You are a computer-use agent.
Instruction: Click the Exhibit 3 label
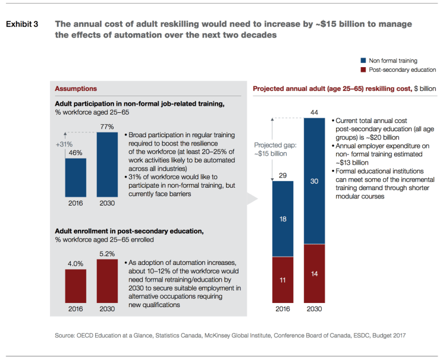point(22,24)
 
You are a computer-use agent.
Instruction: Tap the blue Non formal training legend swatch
point(363,61)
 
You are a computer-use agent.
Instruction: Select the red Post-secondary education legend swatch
point(363,70)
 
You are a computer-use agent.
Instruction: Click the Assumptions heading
point(76,89)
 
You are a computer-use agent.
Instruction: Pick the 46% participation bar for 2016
point(76,176)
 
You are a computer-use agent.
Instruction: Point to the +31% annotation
point(64,144)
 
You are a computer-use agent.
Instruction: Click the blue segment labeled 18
point(283,219)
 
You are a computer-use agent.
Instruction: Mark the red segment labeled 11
point(283,279)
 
